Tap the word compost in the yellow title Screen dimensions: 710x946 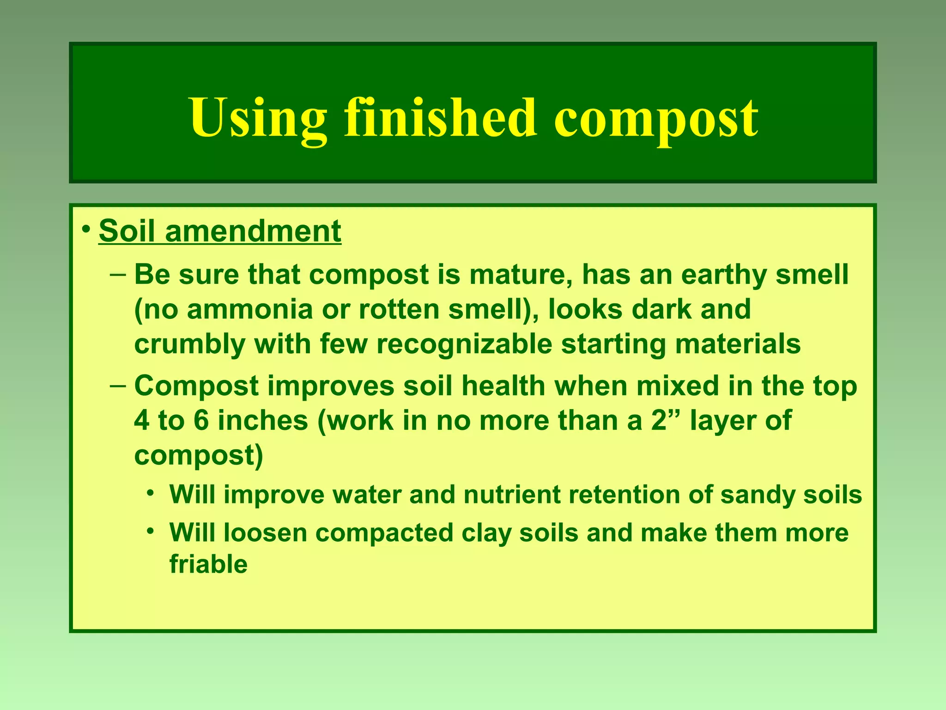click(655, 119)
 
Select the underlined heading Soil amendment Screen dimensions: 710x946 click(220, 231)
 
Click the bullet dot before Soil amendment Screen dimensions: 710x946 click(85, 229)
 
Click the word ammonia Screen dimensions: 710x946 click(250, 309)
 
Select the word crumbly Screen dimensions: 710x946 click(189, 344)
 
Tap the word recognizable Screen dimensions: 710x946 click(464, 344)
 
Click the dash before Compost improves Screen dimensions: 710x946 click(118, 386)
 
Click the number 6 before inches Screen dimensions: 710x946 click(201, 421)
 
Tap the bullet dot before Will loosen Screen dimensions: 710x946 click(151, 532)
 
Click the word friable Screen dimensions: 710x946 click(208, 564)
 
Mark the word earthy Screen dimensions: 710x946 click(724, 275)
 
